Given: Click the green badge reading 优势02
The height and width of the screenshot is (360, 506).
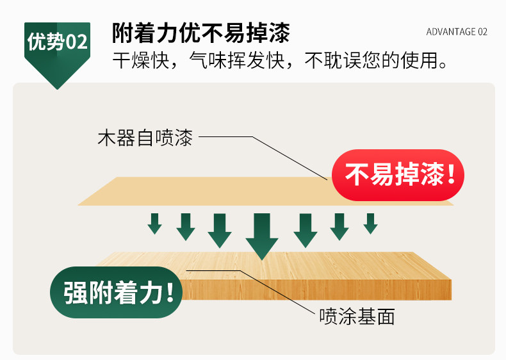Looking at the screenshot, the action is (x=57, y=44).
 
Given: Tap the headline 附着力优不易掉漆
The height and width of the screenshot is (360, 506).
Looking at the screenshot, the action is (x=201, y=32).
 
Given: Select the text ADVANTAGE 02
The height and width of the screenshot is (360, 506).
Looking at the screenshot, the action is (x=457, y=32).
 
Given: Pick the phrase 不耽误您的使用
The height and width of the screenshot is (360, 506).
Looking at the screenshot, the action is (x=374, y=61).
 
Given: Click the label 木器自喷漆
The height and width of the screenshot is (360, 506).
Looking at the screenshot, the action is (x=145, y=138).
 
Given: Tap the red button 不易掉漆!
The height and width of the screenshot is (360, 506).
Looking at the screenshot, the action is (x=398, y=175).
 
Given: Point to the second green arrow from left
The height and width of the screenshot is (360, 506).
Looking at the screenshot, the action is (x=186, y=226).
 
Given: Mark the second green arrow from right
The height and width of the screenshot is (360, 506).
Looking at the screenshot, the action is (x=339, y=226).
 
